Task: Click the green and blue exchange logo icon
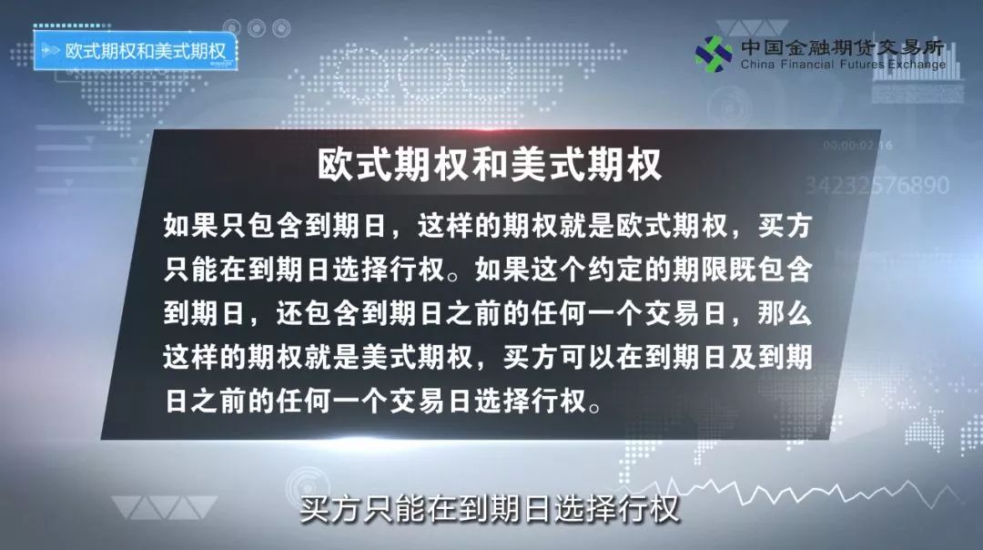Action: pos(714,54)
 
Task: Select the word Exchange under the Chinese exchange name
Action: pos(915,65)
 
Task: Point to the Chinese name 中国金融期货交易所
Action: pos(842,46)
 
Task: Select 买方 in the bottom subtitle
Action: pos(324,508)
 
